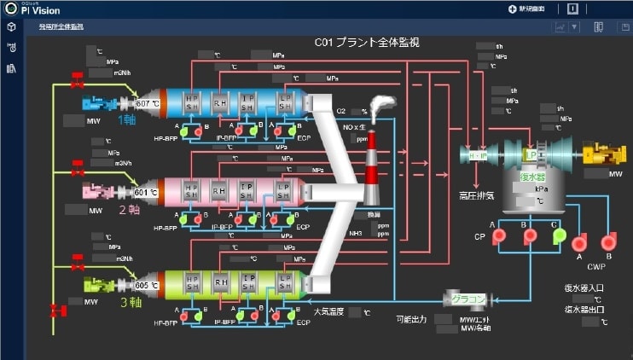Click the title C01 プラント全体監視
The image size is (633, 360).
tap(366, 42)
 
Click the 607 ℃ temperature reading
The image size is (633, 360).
tap(147, 103)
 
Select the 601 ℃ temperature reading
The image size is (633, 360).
tap(147, 192)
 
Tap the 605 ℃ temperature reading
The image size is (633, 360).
tap(147, 284)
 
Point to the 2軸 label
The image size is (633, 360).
tap(128, 210)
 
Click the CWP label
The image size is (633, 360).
tap(595, 265)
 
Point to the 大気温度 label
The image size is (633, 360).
tap(328, 311)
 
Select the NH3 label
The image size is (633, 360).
tap(354, 232)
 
